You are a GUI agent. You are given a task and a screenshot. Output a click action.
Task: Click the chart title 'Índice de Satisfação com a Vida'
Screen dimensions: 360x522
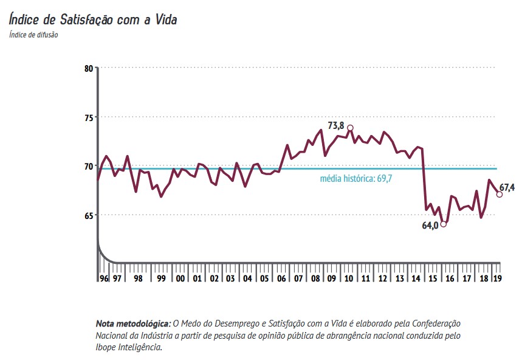tap(93, 19)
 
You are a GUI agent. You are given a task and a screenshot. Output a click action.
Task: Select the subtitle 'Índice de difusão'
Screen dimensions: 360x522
tap(33, 34)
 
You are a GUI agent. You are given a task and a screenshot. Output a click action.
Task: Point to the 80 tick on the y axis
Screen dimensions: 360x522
tap(89, 68)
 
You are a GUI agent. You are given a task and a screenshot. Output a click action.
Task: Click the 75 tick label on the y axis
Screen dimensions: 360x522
tap(89, 117)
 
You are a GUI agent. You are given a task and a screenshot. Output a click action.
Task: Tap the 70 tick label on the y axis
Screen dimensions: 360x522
tap(89, 166)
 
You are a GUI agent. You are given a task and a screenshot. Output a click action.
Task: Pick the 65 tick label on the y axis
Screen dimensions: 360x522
tap(89, 215)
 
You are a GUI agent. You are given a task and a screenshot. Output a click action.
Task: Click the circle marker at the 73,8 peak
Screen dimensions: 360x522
tap(350, 128)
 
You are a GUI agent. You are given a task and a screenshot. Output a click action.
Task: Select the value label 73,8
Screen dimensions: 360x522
tap(336, 126)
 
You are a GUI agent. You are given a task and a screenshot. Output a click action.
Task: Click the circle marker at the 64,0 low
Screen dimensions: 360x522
tap(444, 224)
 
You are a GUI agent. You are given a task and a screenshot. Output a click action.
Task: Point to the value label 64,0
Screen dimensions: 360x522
tap(430, 226)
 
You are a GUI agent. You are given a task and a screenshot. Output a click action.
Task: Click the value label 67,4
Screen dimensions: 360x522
tap(507, 188)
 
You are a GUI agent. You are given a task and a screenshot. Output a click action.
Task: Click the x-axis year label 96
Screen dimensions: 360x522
tap(104, 279)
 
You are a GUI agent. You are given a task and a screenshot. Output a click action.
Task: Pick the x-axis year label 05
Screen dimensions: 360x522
tap(264, 279)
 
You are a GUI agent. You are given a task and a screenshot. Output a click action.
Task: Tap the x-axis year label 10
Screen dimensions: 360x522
tap(349, 279)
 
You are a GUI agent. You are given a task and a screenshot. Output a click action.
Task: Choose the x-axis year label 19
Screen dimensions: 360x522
tap(496, 279)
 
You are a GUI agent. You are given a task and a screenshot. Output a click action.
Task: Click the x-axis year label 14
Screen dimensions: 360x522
tap(416, 279)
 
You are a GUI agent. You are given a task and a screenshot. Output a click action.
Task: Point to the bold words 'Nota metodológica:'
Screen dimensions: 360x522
tap(134, 323)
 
